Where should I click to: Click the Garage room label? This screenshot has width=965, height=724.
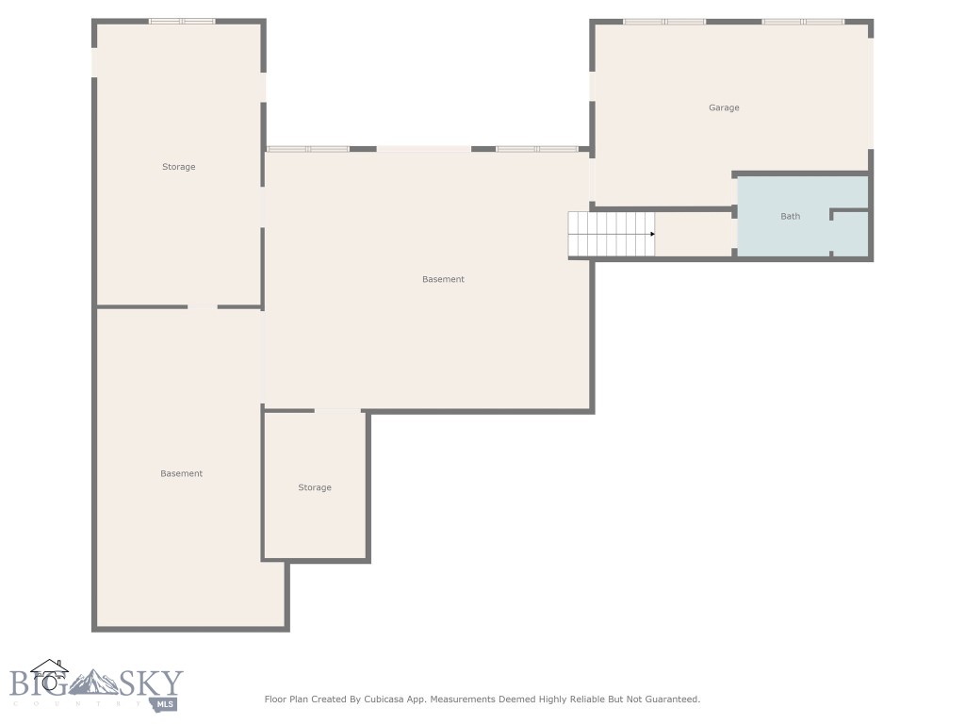point(724,107)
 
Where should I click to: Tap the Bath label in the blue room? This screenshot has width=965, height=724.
point(790,217)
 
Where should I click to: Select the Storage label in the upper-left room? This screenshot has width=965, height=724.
point(178,167)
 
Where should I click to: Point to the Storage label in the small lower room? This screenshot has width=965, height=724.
point(315,487)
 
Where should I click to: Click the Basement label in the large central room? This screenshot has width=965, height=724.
point(443,279)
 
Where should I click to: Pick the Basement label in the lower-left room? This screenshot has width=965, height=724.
point(181,473)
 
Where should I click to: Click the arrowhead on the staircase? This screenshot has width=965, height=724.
point(652,234)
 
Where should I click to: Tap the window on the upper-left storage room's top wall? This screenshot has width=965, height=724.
point(182,21)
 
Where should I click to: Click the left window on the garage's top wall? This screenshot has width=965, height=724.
point(663,21)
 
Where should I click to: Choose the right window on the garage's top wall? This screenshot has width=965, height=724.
point(803,21)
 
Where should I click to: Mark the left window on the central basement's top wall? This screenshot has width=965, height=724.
point(308,149)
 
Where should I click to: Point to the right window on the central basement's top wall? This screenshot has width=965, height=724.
point(537,149)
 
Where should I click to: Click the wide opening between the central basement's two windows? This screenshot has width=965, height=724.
point(423,149)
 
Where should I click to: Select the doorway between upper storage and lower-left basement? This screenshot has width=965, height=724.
point(202,306)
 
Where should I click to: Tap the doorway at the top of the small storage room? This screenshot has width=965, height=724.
point(336,411)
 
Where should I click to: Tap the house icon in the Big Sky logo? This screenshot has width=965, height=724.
point(49,672)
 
